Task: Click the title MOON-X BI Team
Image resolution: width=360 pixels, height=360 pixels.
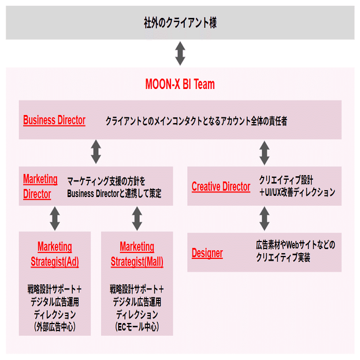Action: pos(180,84)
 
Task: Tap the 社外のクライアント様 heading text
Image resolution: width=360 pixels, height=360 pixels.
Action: pos(180,23)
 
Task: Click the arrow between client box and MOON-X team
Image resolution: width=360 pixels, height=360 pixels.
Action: pos(180,54)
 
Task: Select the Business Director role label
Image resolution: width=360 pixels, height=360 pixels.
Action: pos(54,120)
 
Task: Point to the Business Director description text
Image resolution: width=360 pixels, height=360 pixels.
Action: pos(196,121)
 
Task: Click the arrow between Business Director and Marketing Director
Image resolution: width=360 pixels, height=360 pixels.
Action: pos(96,152)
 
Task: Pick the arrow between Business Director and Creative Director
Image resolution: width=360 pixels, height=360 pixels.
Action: pos(265,153)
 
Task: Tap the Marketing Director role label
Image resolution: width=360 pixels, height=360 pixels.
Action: pos(40,187)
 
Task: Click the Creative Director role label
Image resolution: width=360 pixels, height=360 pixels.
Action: pos(221,187)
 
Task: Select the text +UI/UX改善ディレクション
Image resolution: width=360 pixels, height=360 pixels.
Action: pos(297,192)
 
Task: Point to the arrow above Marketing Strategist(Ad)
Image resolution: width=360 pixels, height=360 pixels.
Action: pos(55,218)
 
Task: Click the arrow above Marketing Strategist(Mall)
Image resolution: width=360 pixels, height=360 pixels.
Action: pos(137,218)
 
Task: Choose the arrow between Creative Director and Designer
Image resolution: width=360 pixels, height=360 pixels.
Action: pos(265,218)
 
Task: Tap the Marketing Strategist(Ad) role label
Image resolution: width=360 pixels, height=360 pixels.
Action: pos(55,254)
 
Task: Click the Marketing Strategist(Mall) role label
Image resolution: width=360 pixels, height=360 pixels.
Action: pos(137,254)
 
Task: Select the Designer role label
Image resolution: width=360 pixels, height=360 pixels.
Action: pos(207,253)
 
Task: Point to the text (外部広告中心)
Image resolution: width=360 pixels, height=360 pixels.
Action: pos(55,326)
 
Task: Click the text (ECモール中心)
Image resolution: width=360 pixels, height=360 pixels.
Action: pos(137,326)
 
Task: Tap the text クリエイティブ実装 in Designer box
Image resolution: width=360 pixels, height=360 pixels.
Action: pos(283,257)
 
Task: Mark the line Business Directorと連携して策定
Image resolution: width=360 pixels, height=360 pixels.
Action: pos(114,194)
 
